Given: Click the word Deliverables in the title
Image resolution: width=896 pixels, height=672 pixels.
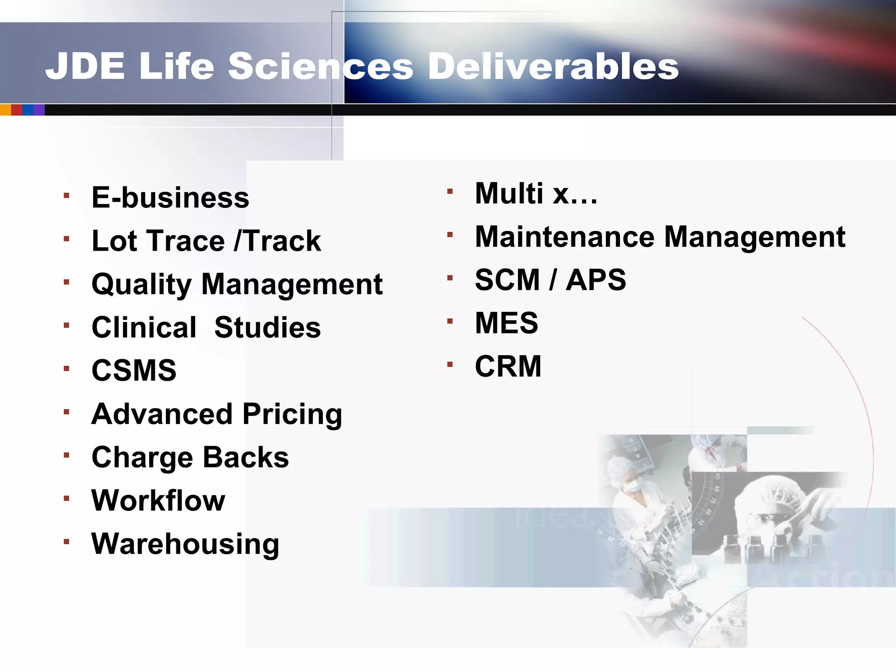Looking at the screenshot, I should click(553, 66).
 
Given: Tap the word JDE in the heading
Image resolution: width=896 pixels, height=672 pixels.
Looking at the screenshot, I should click(85, 66).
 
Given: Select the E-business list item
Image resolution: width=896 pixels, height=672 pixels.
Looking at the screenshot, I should click(170, 198).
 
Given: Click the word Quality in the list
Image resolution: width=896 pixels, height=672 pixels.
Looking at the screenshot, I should click(142, 285).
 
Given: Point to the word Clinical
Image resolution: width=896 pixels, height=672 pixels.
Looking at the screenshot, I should click(144, 327).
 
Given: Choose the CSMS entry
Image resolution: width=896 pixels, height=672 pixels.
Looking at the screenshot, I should click(134, 371).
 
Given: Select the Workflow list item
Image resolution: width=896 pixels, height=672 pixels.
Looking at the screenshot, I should click(158, 500).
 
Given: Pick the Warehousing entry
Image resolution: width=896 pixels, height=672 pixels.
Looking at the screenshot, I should click(185, 544).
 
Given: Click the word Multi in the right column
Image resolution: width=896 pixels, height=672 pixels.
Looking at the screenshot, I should click(509, 193).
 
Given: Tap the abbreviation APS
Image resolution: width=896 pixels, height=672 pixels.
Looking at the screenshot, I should click(595, 280).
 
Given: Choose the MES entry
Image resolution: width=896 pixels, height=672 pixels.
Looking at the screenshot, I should click(507, 323).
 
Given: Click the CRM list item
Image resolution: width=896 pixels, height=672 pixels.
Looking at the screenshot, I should click(508, 366).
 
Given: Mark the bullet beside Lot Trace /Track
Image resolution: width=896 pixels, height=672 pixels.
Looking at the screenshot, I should click(66, 239).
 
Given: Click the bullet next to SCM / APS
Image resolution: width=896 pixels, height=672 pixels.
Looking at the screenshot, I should click(450, 278).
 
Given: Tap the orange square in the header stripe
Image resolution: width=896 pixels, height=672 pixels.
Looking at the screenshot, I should click(5, 110).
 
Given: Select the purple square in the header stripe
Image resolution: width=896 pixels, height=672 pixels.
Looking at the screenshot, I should click(39, 110).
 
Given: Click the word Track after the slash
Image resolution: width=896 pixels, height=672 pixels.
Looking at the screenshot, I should click(283, 241).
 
